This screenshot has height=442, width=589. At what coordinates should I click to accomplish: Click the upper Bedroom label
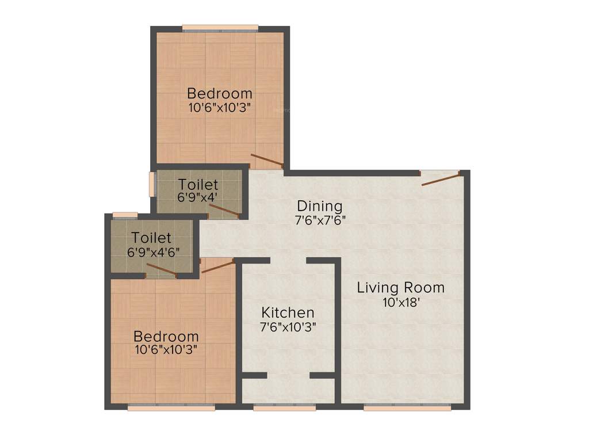pos(220,93)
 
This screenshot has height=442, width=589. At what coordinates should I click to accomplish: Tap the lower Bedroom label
pos(166,336)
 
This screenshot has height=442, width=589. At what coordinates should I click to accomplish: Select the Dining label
pos(319,205)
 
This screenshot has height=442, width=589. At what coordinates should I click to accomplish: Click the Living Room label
pos(400,287)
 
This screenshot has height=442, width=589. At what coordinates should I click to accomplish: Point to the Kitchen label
pos(288,313)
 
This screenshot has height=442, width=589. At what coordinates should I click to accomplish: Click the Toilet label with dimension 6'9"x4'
pos(198,185)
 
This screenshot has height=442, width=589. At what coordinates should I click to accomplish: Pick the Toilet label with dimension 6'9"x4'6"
pos(151,237)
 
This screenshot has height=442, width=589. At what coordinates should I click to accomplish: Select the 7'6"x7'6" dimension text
pos(320,219)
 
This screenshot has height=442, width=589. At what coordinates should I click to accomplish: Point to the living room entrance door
pos(441,178)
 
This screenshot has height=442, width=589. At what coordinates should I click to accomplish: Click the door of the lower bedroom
pos(217,265)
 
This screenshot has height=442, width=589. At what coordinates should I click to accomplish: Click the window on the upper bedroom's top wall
pos(220,26)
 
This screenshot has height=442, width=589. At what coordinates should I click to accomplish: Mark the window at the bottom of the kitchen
pos(285,407)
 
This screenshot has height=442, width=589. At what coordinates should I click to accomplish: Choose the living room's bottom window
pos(407,407)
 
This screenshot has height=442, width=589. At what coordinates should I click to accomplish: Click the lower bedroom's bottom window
pos(171,407)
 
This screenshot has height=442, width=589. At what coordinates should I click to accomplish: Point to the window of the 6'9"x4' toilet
pos(152,184)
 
